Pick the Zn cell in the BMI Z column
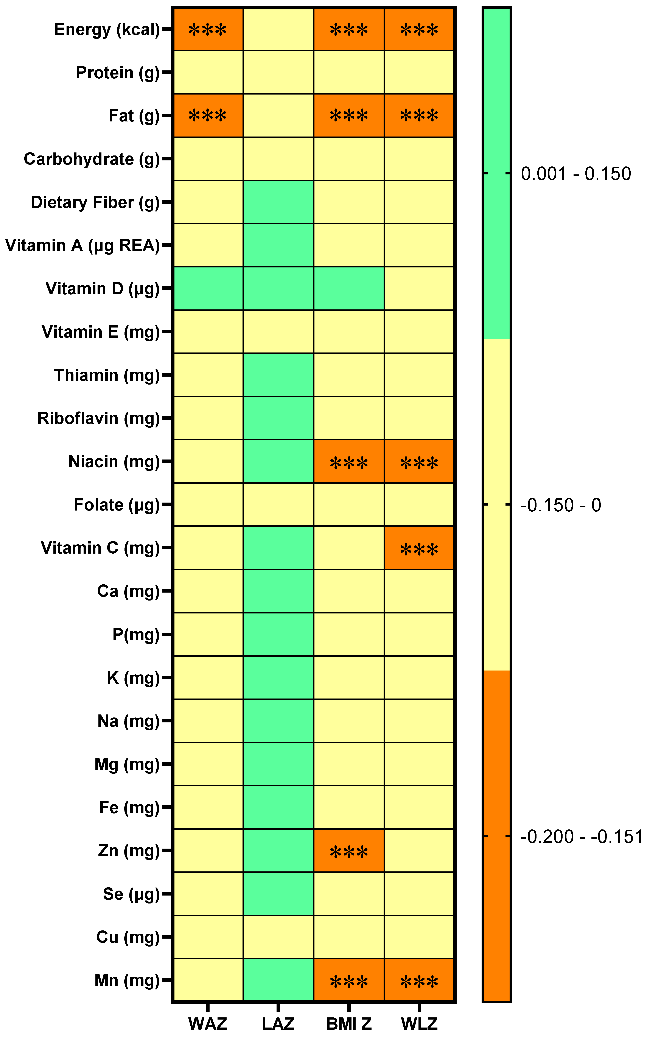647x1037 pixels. click(x=349, y=851)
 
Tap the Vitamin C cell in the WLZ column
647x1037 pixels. click(x=419, y=548)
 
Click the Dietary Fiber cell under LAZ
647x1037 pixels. click(x=278, y=202)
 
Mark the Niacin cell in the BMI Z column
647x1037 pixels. click(x=349, y=461)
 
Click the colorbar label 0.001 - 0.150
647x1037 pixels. click(x=575, y=174)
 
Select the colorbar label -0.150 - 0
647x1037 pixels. click(x=561, y=505)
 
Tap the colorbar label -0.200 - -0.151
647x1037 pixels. click(x=581, y=836)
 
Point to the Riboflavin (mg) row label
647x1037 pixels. click(x=98, y=418)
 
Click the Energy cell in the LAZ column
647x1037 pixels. click(x=278, y=29)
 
